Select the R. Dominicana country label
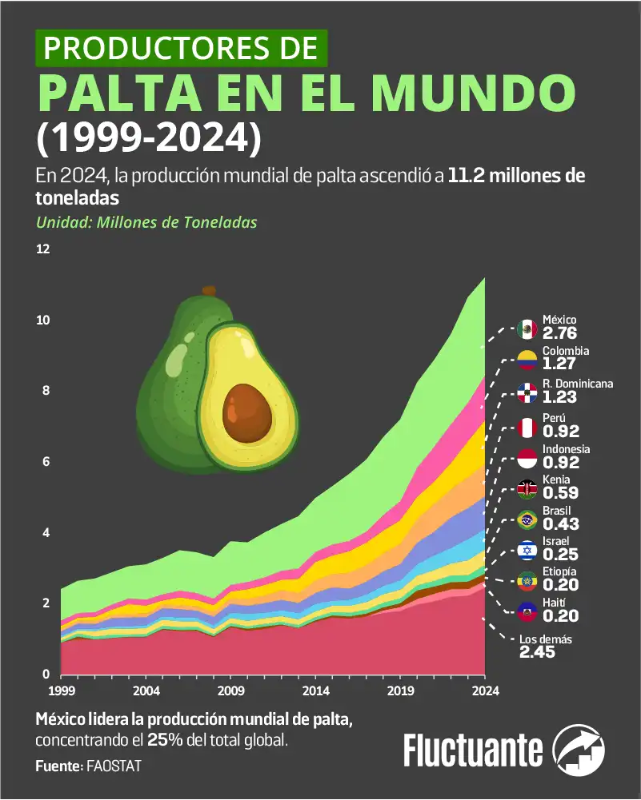[578, 383]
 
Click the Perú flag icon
[527, 428]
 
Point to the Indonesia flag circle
[527, 459]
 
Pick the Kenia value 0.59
[559, 493]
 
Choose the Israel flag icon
[527, 551]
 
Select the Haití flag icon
[527, 612]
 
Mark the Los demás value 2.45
[537, 652]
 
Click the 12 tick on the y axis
[43, 249]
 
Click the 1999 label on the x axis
[61, 691]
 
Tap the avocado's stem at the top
[209, 290]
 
